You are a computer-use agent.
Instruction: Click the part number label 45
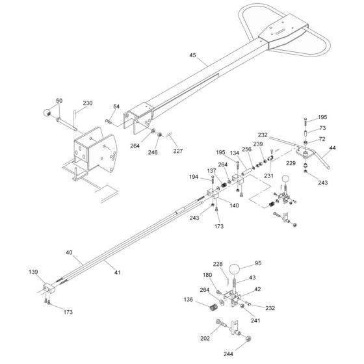(x=192, y=55)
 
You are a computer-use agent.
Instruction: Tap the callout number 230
(x=88, y=103)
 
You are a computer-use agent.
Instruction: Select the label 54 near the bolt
(x=116, y=107)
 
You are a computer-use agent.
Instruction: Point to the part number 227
(x=178, y=151)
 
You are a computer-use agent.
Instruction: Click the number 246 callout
(x=153, y=152)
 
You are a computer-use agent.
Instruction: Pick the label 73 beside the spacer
(x=322, y=128)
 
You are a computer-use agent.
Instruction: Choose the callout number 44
(x=332, y=148)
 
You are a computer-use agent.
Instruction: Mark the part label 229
(x=291, y=163)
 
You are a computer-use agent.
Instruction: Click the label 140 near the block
(x=234, y=205)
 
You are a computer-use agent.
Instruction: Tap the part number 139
(x=33, y=272)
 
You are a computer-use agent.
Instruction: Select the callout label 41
(x=118, y=272)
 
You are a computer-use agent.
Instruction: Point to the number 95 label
(x=258, y=263)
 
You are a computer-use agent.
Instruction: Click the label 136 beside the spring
(x=188, y=300)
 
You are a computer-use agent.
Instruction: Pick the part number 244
(x=228, y=354)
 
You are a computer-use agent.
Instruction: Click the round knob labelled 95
(x=234, y=270)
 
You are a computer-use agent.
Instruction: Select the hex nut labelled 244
(x=248, y=339)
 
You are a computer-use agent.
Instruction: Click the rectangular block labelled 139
(x=49, y=288)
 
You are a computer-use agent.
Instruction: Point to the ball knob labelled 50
(x=47, y=112)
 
